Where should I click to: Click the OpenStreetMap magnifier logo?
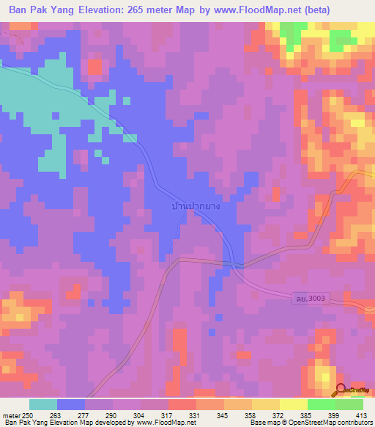tap(342, 390)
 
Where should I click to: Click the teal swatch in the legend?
tap(43, 404)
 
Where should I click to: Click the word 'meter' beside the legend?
tap(11, 415)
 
